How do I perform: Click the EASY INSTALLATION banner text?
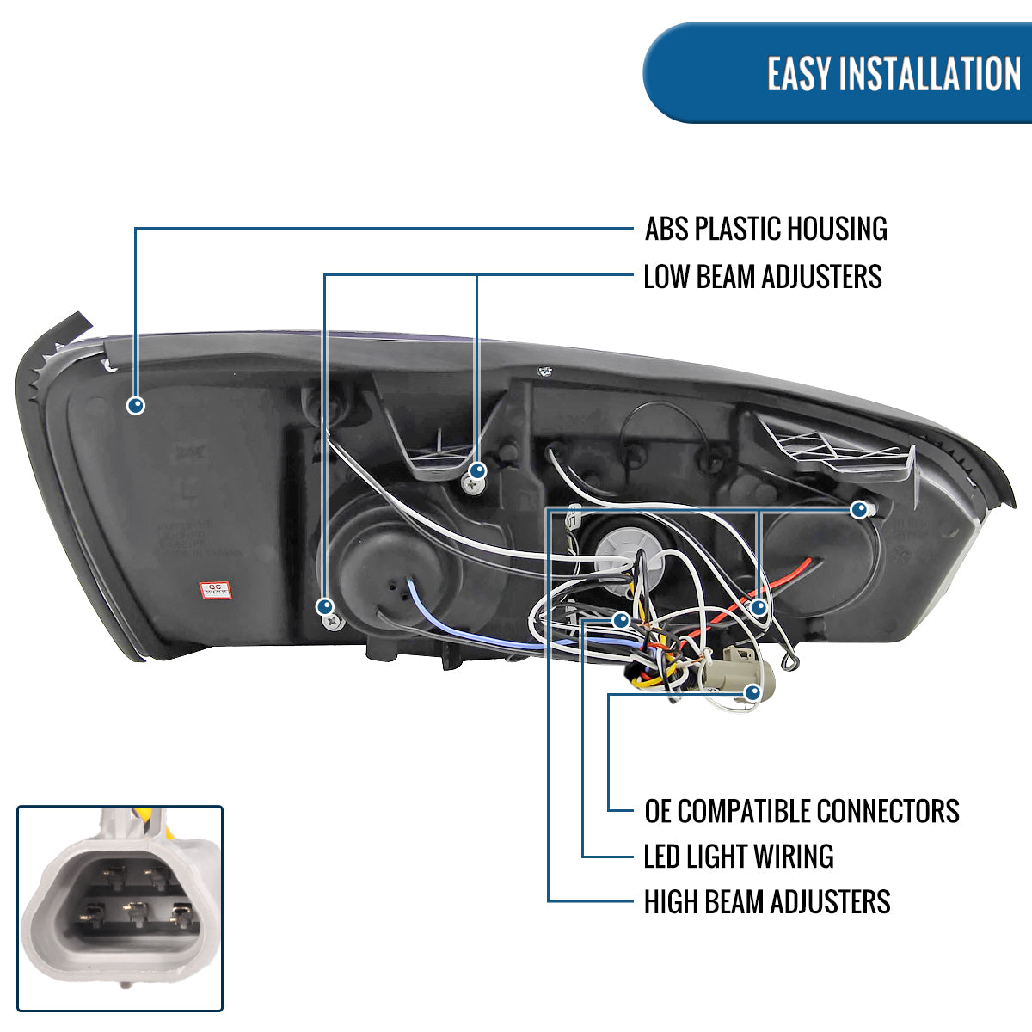click(x=894, y=73)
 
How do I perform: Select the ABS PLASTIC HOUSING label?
click(x=765, y=229)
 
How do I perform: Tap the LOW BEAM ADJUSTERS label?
click(x=763, y=277)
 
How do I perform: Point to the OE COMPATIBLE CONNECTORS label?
click(x=802, y=811)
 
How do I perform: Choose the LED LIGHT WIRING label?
click(x=739, y=857)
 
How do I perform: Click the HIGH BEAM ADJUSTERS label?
click(x=767, y=902)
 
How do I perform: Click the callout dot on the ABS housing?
click(x=135, y=405)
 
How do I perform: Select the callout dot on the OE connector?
click(x=752, y=691)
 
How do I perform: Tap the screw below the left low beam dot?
click(x=330, y=620)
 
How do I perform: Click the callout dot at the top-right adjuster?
click(x=857, y=510)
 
